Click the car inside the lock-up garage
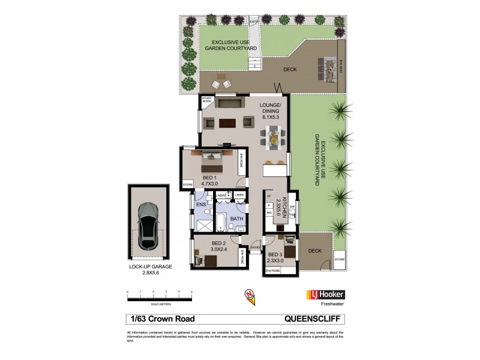tap(148, 226)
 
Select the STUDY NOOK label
tap(207, 100)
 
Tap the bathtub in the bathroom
tap(221, 223)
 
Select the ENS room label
tap(201, 205)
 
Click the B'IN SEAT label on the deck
tap(341, 70)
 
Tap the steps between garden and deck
tap(256, 62)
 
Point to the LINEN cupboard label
tap(239, 195)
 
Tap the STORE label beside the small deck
tap(340, 259)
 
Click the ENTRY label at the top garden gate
tap(254, 22)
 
